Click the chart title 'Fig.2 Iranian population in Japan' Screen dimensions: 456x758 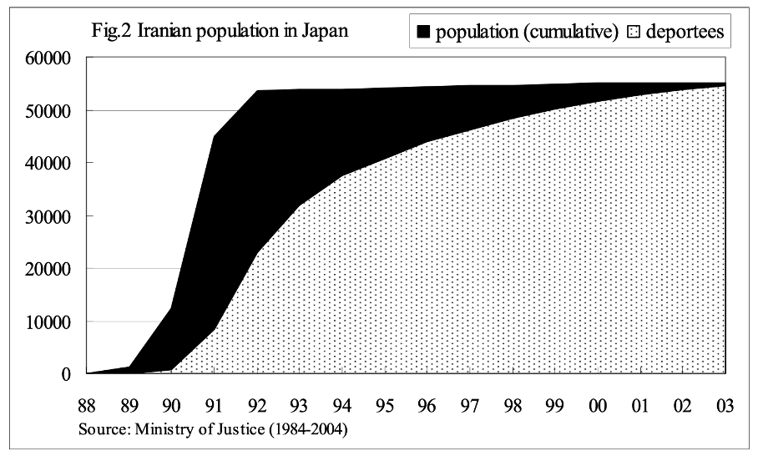tap(220, 32)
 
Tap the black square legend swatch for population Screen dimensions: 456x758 tap(423, 33)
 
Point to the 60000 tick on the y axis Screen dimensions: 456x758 tap(53, 58)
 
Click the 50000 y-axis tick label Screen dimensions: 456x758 tap(53, 110)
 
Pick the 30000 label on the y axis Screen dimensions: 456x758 tap(53, 215)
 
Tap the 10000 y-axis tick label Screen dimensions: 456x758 tap(53, 322)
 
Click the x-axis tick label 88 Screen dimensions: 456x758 tap(87, 406)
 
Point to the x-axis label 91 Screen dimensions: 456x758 tap(215, 406)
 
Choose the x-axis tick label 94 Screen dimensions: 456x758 tap(342, 406)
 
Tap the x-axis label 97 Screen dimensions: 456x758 tap(470, 406)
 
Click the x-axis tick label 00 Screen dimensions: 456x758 tap(598, 406)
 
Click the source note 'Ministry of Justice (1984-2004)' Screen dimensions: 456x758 tap(212, 430)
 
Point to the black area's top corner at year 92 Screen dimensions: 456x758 tap(257, 90)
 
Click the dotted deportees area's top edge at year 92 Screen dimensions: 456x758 tap(257, 251)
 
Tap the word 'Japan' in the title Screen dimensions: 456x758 tap(325, 32)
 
